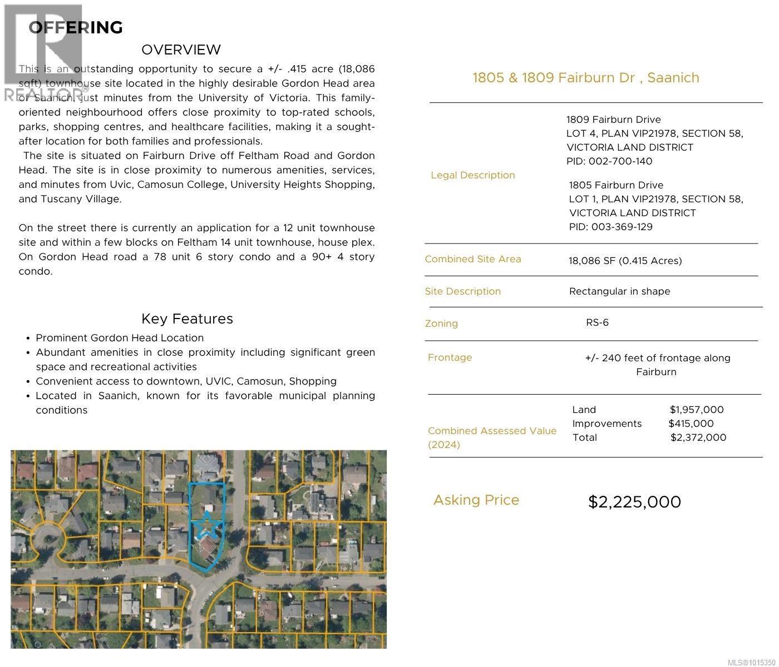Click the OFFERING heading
click(76, 27)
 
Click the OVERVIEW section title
click(181, 49)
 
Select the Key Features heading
click(187, 318)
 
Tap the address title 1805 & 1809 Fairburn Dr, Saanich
click(585, 77)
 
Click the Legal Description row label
click(472, 175)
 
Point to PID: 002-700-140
click(609, 161)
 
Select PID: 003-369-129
click(610, 227)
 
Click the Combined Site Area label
click(472, 259)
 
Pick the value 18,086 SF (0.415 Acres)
click(625, 261)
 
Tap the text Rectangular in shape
click(619, 291)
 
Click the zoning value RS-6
click(597, 322)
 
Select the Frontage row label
click(450, 357)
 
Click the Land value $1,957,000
click(697, 410)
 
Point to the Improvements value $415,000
click(691, 424)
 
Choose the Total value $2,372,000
click(698, 437)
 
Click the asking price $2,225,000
click(634, 502)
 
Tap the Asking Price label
click(476, 500)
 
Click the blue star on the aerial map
click(207, 525)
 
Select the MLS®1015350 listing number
click(752, 662)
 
